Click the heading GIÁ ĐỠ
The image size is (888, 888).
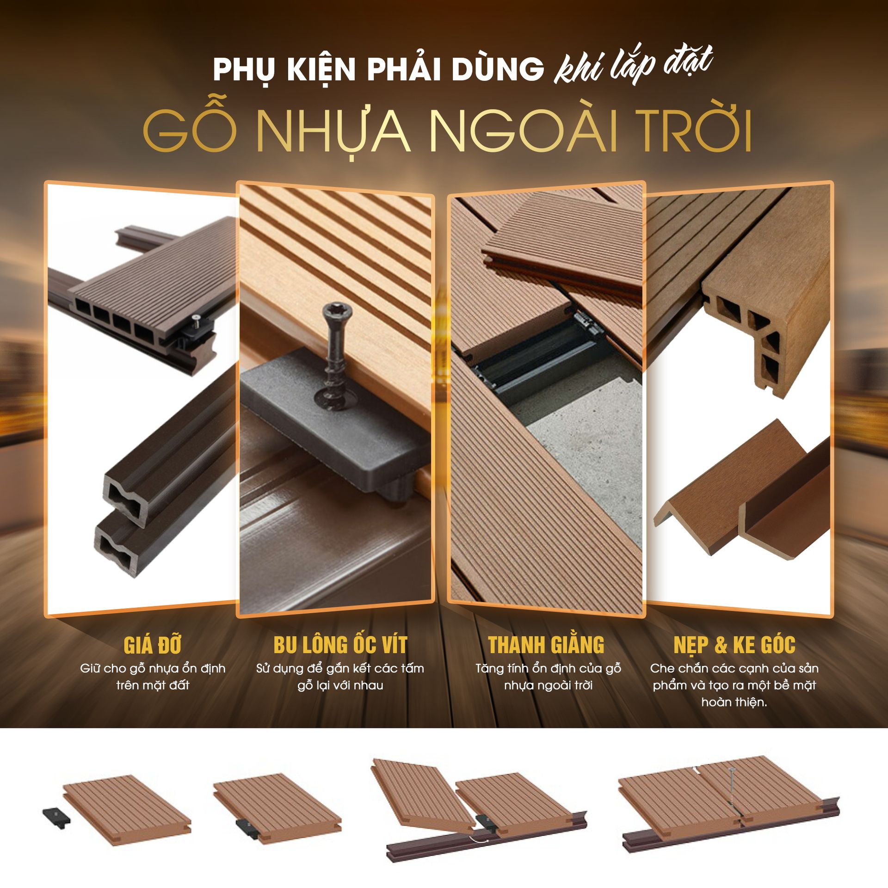153,645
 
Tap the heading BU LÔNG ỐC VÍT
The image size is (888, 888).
340,645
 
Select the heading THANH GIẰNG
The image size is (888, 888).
546,645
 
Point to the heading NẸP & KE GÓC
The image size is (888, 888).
734,645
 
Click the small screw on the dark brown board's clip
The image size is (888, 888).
195,318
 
